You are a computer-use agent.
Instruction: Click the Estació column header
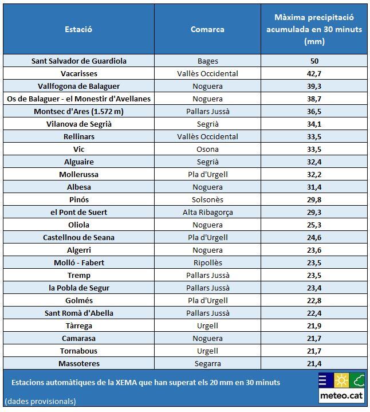78,29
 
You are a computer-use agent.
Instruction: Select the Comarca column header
207,29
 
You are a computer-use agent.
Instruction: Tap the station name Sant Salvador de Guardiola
79,61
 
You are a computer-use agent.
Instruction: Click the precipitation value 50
314,61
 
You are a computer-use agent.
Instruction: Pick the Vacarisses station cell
79,73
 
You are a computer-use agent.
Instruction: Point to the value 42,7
314,73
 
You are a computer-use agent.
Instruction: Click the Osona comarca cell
207,149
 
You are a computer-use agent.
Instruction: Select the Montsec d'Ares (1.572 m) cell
79,111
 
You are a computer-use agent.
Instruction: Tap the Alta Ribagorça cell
207,212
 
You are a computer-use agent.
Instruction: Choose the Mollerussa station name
79,174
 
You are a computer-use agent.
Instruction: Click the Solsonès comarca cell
207,199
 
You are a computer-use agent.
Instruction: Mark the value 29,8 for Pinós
314,199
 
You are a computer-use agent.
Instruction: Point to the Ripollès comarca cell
207,262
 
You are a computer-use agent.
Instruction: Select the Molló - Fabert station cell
79,262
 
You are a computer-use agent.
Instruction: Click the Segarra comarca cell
207,363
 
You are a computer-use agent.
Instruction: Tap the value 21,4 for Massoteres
314,363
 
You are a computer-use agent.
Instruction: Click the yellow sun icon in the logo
342,380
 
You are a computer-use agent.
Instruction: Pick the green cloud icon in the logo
358,380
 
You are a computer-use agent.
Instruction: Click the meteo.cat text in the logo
341,395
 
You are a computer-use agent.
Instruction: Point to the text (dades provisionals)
40,401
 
